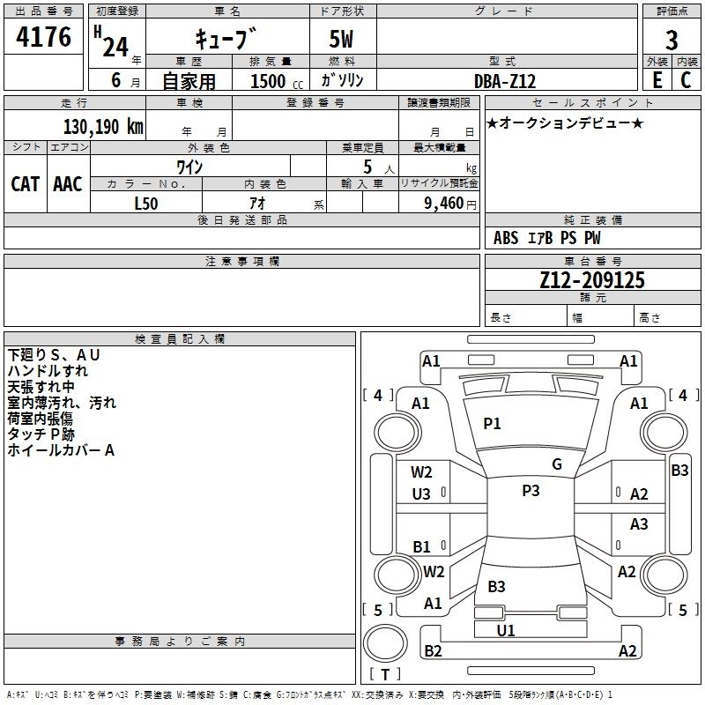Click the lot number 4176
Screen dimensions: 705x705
point(45,37)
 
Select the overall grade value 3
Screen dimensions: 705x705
point(672,41)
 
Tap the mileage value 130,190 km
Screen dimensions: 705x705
point(103,126)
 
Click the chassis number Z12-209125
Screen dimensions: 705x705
point(592,280)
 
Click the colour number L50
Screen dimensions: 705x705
point(146,203)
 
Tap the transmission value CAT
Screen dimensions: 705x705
point(25,183)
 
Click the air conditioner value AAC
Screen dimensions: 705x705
point(68,183)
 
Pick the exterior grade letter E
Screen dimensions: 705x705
point(657,79)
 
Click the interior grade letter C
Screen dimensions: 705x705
point(686,79)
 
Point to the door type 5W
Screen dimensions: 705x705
point(343,41)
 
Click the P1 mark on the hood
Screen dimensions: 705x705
point(492,424)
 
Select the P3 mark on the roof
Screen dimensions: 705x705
point(531,491)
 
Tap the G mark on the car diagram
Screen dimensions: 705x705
point(557,464)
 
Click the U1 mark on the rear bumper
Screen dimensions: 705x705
point(506,630)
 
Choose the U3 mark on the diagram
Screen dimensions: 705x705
point(421,494)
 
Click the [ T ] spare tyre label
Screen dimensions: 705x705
point(384,675)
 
